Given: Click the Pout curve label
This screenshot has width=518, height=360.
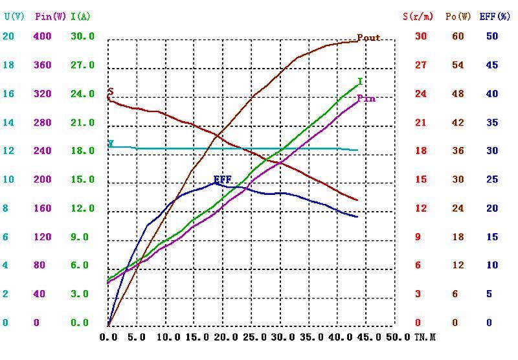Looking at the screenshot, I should pyautogui.click(x=369, y=38).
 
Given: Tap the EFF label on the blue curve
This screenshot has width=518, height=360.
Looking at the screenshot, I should pyautogui.click(x=222, y=179).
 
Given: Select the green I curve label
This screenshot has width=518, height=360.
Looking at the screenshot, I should pyautogui.click(x=360, y=82).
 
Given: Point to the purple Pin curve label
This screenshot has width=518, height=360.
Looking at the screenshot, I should pyautogui.click(x=366, y=98).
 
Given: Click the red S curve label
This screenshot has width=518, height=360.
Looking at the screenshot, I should pyautogui.click(x=111, y=91).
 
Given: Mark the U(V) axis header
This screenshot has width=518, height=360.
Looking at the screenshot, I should pyautogui.click(x=14, y=16).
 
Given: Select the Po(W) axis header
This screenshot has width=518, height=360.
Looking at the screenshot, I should pyautogui.click(x=458, y=16).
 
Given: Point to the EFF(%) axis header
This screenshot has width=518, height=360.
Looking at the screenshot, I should pyautogui.click(x=495, y=16).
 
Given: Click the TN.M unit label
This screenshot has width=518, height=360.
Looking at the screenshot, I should pyautogui.click(x=424, y=337).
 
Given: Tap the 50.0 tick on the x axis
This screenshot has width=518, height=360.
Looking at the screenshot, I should pyautogui.click(x=399, y=337).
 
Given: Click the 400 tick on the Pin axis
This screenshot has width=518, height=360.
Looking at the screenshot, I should pyautogui.click(x=41, y=36).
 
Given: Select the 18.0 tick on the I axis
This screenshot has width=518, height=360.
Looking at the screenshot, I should pyautogui.click(x=82, y=151).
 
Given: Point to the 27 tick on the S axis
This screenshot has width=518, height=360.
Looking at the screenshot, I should pyautogui.click(x=421, y=65).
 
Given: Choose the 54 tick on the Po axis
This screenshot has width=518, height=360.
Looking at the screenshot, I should pyautogui.click(x=458, y=65).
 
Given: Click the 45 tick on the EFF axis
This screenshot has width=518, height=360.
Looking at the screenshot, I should pyautogui.click(x=492, y=65).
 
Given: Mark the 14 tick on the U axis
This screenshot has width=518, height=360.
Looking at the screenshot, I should pyautogui.click(x=8, y=122).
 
